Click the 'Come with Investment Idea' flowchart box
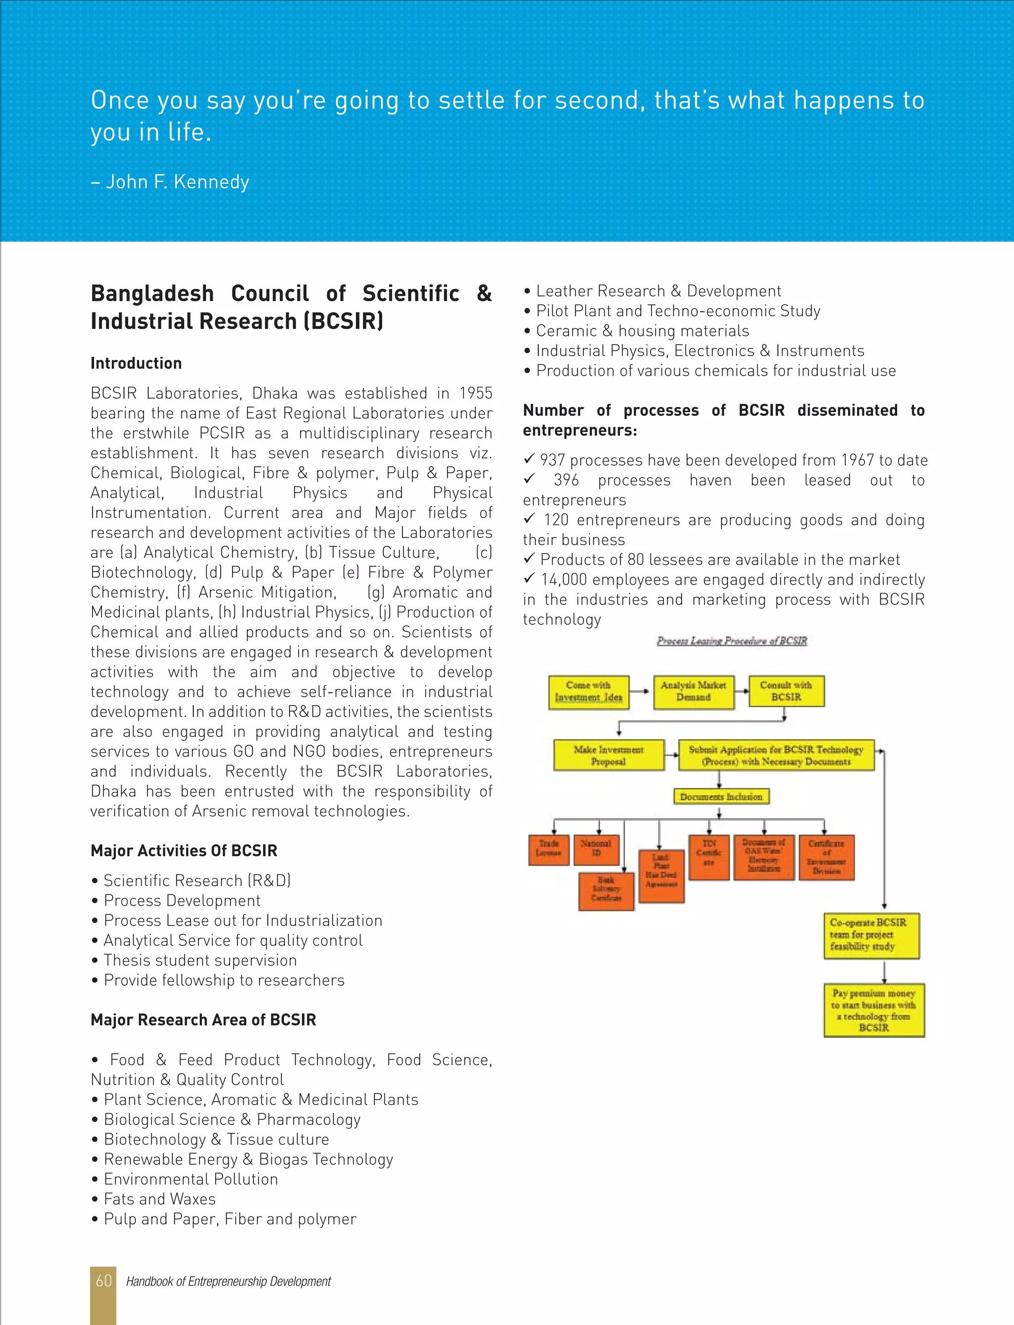[x=589, y=692]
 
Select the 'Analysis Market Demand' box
[x=694, y=692]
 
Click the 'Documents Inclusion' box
[x=721, y=797]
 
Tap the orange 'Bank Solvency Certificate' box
[x=606, y=890]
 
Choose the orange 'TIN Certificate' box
[x=709, y=856]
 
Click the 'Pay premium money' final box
[x=874, y=1010]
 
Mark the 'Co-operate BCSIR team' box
[x=871, y=936]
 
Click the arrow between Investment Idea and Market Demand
[x=642, y=691]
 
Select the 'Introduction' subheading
[x=136, y=363]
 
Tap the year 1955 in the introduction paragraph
[x=476, y=393]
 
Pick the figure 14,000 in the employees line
[x=564, y=580]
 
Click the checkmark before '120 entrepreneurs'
[x=529, y=519]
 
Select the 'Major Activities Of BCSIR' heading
[x=184, y=850]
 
